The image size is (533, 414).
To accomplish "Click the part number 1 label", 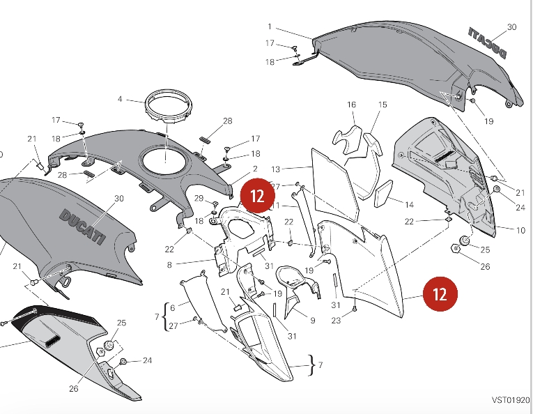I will click(x=269, y=26).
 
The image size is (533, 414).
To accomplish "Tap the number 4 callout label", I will click(x=120, y=100).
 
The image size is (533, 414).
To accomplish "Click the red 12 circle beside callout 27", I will click(x=257, y=195).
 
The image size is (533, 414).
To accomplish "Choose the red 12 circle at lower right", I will click(x=440, y=294).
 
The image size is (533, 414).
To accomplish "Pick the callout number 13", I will click(x=275, y=169).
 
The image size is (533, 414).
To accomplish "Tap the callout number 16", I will click(x=352, y=105).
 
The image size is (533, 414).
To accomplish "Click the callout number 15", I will click(x=383, y=105).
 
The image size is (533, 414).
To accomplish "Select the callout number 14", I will click(x=409, y=205).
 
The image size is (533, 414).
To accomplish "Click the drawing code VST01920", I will click(x=510, y=401).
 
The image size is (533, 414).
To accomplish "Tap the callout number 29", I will click(x=199, y=199).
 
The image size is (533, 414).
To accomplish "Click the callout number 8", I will click(x=169, y=265).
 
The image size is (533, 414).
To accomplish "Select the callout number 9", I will click(x=312, y=321).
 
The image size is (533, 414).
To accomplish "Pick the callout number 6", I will click(x=173, y=307).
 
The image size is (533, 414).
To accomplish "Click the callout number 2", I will click(x=256, y=169).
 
